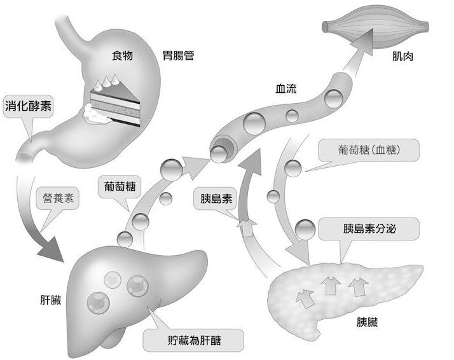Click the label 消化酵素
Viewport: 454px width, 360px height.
[x=28, y=105]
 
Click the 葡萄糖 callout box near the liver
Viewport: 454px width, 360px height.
[x=122, y=188]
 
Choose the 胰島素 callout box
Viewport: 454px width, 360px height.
[x=216, y=198]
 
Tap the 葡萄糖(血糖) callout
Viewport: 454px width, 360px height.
[x=369, y=150]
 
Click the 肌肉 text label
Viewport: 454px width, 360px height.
[x=404, y=57]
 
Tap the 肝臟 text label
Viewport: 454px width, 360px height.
[x=50, y=300]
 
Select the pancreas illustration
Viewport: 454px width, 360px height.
[x=343, y=293]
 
